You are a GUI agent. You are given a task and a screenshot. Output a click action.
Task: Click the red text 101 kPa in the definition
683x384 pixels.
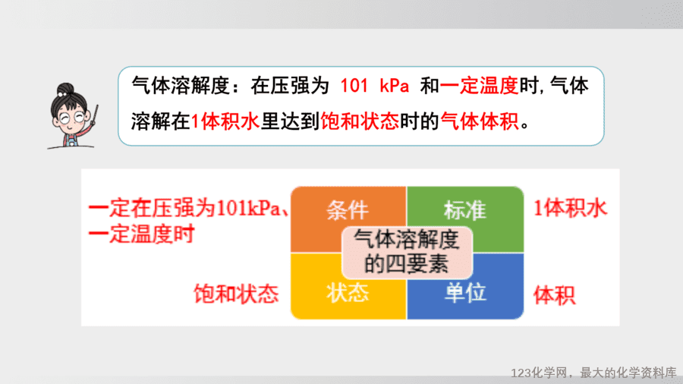click(375, 86)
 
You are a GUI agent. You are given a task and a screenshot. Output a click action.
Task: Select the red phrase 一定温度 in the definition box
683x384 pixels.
click(479, 86)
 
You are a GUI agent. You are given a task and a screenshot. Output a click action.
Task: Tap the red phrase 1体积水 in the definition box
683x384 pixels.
click(225, 121)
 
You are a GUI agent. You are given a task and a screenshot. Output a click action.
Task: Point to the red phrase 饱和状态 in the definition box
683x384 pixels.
click(360, 121)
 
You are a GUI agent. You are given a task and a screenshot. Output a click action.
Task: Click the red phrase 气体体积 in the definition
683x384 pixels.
click(480, 121)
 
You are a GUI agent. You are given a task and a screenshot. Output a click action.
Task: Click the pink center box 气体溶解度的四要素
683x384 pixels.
click(407, 252)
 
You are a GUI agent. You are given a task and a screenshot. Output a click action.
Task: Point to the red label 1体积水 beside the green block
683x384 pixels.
click(570, 209)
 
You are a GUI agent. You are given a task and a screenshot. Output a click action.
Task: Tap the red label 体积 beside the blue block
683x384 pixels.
click(555, 296)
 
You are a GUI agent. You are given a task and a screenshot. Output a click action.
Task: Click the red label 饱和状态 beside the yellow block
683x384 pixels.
click(236, 294)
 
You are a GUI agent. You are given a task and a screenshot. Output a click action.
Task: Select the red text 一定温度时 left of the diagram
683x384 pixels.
click(141, 234)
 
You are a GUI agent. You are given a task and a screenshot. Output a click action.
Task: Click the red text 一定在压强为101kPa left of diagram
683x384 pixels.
click(184, 209)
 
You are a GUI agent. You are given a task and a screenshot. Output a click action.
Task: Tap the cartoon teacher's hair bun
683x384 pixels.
click(65, 90)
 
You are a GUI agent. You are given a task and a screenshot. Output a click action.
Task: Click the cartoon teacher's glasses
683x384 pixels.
click(72, 117)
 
